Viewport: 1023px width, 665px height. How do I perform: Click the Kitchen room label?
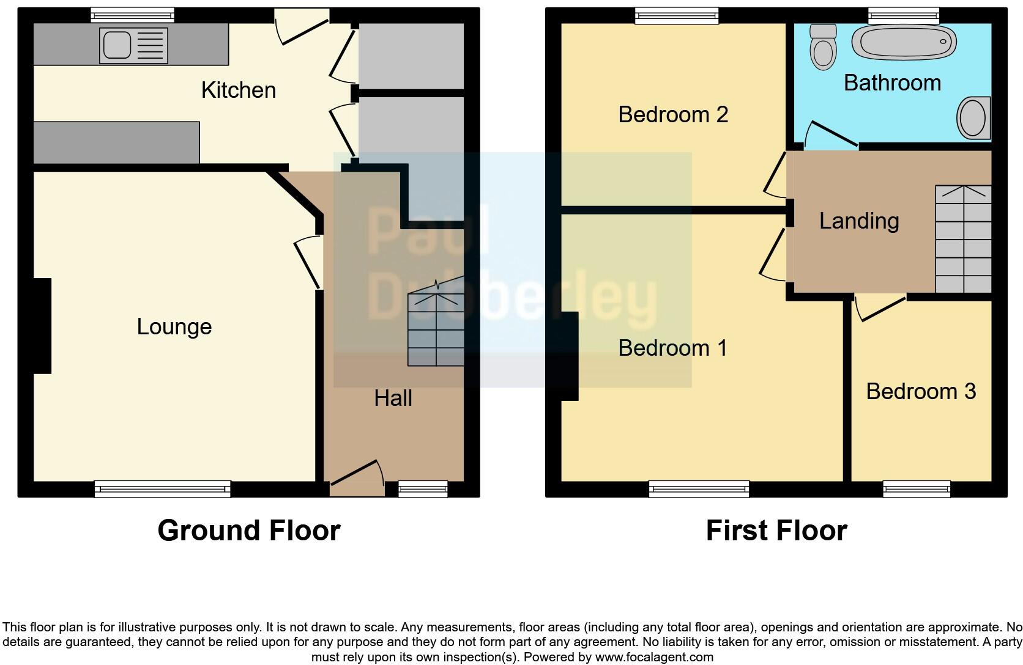(239, 90)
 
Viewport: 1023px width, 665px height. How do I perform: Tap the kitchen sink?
(133, 46)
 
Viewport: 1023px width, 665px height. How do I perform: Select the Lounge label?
(174, 326)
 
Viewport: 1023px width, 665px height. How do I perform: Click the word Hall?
(393, 399)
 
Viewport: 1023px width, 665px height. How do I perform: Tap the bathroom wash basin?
(973, 118)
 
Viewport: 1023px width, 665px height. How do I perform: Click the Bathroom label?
(892, 83)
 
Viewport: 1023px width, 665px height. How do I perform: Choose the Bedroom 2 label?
(673, 115)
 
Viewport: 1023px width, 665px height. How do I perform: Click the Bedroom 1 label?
(672, 348)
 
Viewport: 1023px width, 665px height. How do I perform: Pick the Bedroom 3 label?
(920, 392)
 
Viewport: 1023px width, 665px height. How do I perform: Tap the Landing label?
(859, 221)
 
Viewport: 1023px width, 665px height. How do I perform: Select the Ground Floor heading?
(248, 531)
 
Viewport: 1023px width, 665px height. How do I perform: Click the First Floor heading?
(776, 531)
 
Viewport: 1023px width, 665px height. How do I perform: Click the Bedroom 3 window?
(916, 488)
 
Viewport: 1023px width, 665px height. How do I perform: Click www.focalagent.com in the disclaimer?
(654, 658)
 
